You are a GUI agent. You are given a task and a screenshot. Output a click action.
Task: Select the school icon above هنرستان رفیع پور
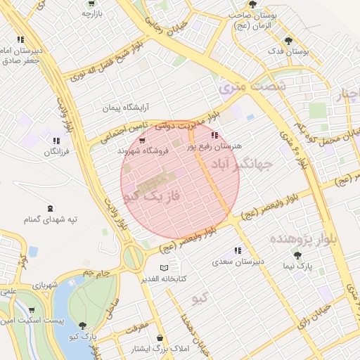click(214, 135)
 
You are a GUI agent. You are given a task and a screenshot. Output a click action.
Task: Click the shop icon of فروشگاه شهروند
click(143, 140)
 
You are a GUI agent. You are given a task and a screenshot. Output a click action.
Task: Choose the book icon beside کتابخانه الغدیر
click(165, 268)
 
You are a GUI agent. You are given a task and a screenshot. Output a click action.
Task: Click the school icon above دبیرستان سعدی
click(238, 250)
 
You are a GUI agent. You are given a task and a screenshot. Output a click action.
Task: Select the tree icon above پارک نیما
click(299, 255)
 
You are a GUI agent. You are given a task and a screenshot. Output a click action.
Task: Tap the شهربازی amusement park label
click(44, 285)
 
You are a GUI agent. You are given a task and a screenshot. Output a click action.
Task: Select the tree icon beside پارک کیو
click(84, 326)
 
